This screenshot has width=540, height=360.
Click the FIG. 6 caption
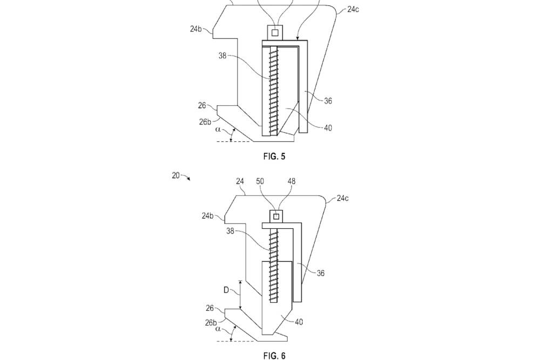[x=275, y=355]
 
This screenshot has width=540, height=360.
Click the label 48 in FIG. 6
[x=292, y=182]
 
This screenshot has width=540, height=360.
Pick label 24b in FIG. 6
[x=208, y=216]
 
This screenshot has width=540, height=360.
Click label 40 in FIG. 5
[x=328, y=128]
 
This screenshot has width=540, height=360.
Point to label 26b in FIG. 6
[x=211, y=323]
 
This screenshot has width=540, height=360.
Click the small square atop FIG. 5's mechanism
[x=275, y=33]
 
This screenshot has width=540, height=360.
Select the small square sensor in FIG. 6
[x=276, y=216]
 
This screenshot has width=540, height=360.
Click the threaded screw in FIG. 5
[x=273, y=89]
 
